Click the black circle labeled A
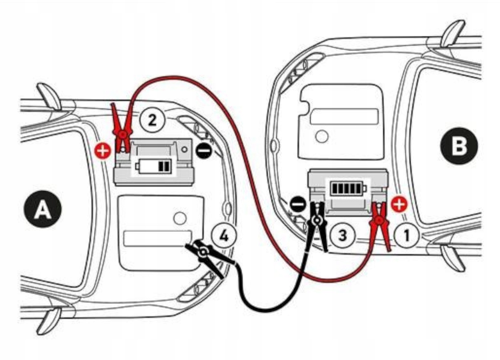(x=42, y=209)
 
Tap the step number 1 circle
(x=407, y=235)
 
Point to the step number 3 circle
(x=342, y=235)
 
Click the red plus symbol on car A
(x=103, y=151)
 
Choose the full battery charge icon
(x=347, y=187)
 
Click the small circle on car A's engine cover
(x=180, y=218)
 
